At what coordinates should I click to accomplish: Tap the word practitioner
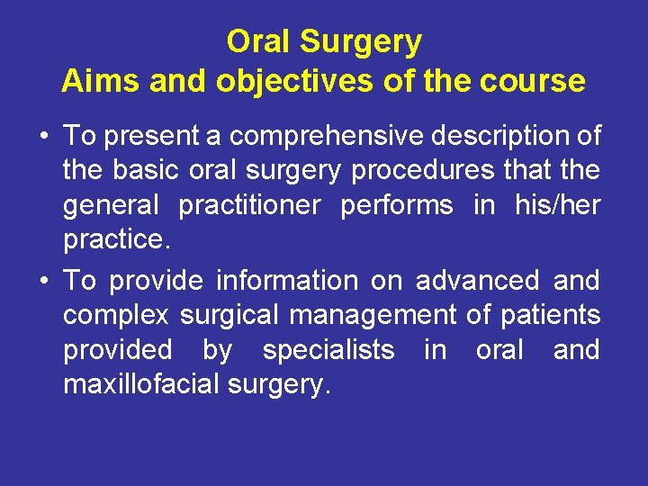pos(249,206)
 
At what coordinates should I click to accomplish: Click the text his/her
pos(557,206)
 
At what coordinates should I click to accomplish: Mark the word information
pos(286,280)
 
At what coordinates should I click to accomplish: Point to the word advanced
pos(476,280)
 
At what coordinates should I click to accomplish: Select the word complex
pos(116,315)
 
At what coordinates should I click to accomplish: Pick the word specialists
pos(328,349)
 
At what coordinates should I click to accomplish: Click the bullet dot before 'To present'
pos(43,138)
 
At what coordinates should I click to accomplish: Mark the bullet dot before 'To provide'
pos(43,281)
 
